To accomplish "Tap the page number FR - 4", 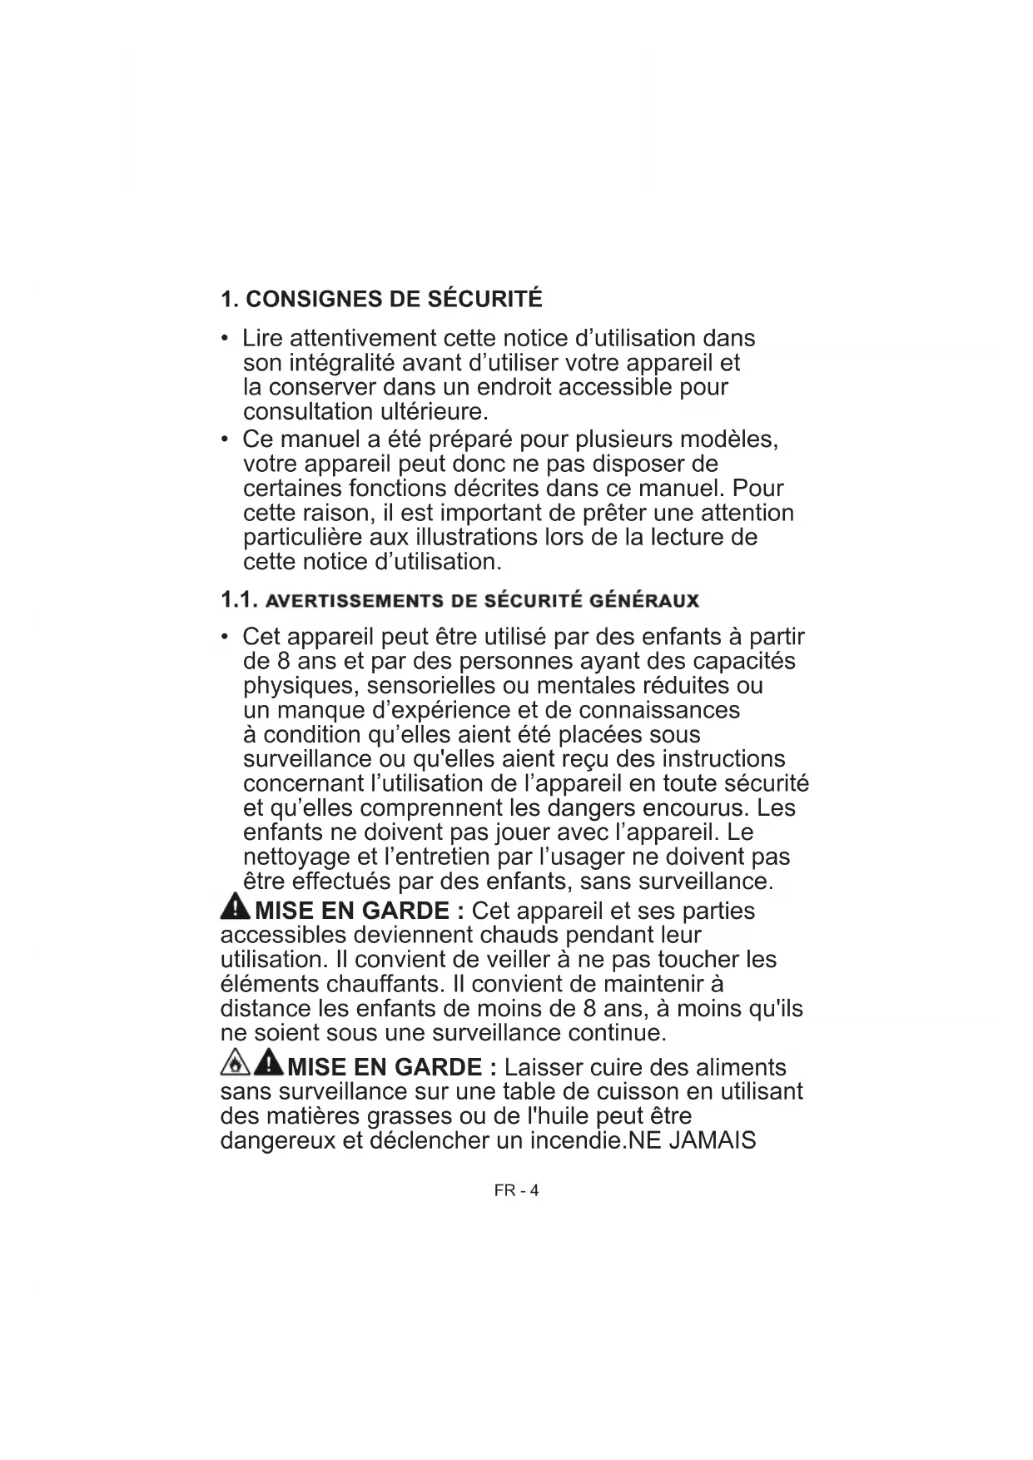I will point(516,1190).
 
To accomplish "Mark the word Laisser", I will point(546,1067).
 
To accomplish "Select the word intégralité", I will point(341,364).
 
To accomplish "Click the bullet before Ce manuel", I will point(226,439).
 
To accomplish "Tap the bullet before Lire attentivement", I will point(226,339).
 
